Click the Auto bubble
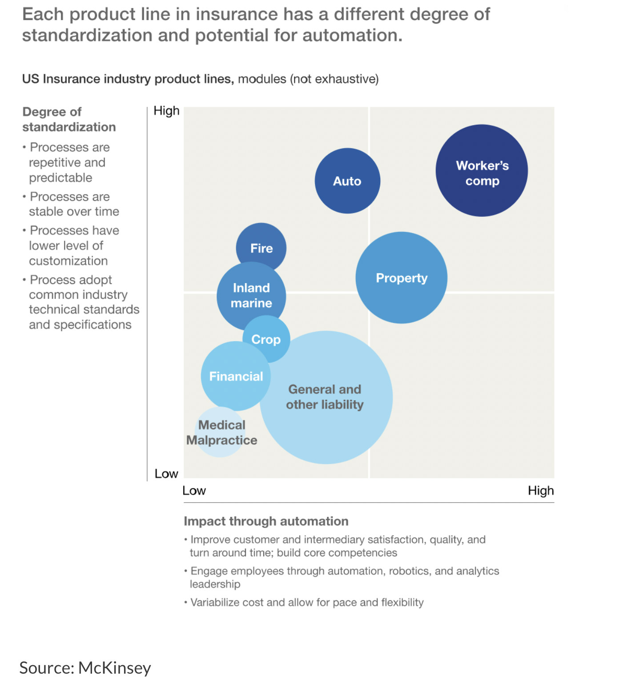pos(347,181)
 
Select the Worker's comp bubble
pos(482,171)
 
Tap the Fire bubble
pos(262,248)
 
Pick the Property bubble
pos(401,278)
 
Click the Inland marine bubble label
pos(251,295)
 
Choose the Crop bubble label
pos(266,339)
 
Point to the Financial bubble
pos(236,376)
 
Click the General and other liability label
pos(325,397)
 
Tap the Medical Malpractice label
pos(221,432)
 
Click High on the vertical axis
pos(166,111)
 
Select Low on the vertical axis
pos(166,474)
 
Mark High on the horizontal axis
pos(540,491)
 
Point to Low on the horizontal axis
pos(194,491)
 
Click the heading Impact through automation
pos(266,521)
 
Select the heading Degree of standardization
pos(69,119)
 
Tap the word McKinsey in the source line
pos(115,668)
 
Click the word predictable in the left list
pos(60,178)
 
